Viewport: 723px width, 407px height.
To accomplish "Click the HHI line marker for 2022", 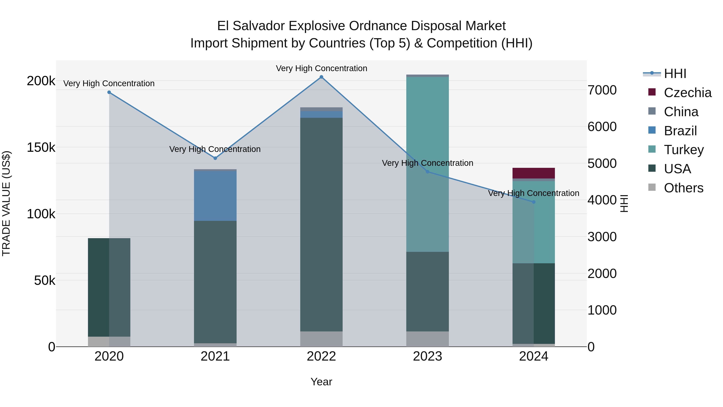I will (321, 77).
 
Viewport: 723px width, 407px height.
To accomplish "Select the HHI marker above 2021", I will (215, 158).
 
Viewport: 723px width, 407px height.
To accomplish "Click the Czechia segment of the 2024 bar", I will (534, 173).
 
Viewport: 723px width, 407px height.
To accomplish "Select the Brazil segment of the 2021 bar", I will (215, 196).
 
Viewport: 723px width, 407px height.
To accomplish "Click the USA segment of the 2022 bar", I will (321, 225).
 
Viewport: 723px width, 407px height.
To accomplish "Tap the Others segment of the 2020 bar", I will (109, 341).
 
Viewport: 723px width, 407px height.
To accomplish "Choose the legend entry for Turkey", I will (684, 150).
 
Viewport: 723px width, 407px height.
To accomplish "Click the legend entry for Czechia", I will (687, 93).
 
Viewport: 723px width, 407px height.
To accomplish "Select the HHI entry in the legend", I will (675, 74).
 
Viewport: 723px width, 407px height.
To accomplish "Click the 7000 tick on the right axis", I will (602, 90).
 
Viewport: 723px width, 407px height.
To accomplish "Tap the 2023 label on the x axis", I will (427, 356).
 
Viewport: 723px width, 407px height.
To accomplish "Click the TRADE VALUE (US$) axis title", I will (6, 204).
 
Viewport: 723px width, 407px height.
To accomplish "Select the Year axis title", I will (321, 382).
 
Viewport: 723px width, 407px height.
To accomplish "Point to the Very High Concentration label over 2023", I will (427, 163).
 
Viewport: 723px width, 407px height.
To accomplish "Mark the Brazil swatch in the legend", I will (652, 130).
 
